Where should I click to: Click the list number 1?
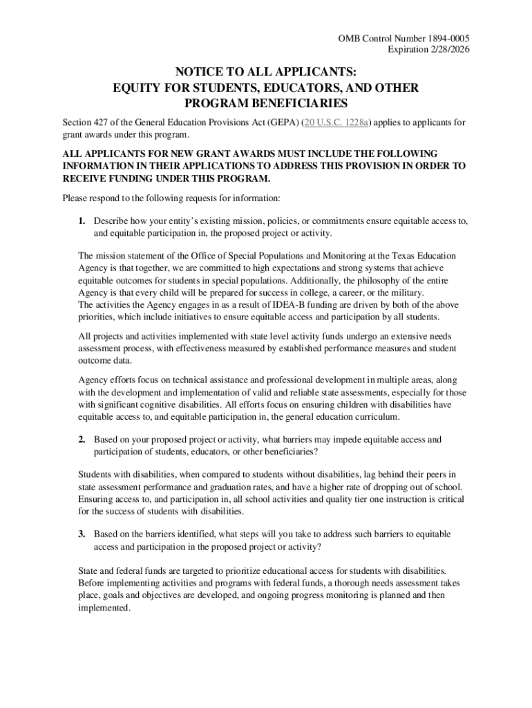point(82,221)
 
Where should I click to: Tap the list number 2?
point(82,439)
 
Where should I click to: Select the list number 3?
point(82,534)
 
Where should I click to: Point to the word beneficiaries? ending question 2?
point(285,451)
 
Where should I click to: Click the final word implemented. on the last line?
point(104,608)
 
